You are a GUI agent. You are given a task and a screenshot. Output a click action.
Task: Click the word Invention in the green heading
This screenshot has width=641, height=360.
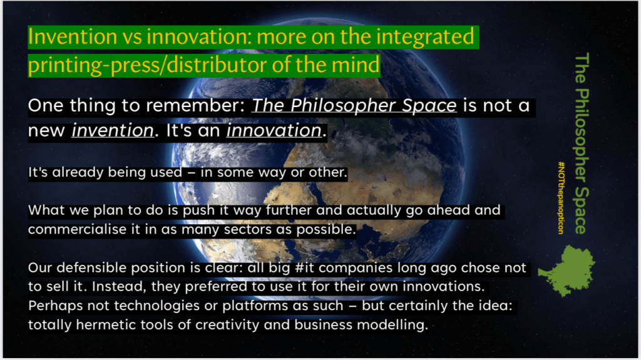[73, 36]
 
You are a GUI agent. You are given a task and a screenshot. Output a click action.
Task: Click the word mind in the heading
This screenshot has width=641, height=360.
[356, 64]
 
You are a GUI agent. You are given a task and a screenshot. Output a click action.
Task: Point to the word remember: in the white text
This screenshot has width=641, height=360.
[195, 106]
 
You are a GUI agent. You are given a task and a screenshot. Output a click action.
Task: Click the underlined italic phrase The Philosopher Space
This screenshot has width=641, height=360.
[354, 106]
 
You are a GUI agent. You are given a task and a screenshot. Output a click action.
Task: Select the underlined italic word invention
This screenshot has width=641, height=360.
[113, 131]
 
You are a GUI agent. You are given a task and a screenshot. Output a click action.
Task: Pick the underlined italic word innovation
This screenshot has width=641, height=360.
[274, 131]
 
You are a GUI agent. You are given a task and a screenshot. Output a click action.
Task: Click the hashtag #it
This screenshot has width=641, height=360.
[305, 267]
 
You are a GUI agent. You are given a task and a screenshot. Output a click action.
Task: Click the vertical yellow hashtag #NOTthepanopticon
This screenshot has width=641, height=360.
[562, 198]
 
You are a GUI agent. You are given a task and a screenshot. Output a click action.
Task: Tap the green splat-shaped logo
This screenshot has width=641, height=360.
[567, 270]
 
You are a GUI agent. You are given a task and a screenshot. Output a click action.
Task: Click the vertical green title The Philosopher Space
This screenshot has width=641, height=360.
[582, 143]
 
